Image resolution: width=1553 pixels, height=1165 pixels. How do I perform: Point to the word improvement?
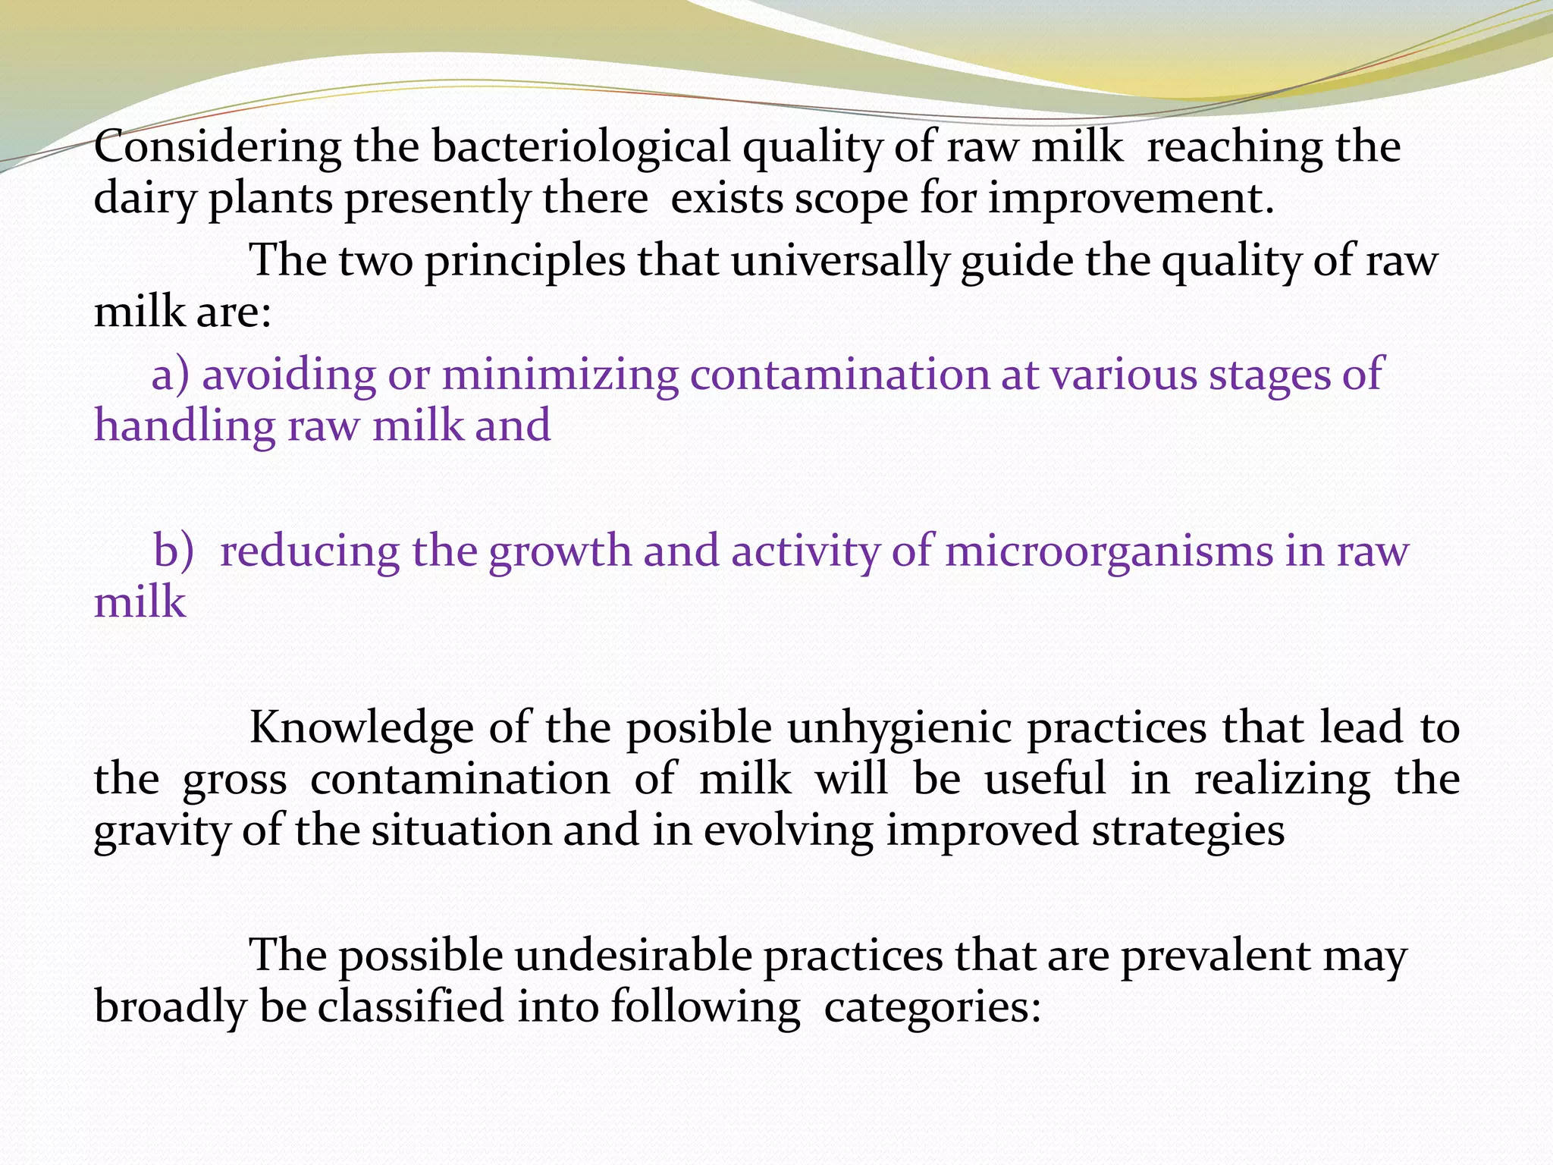(x=1130, y=199)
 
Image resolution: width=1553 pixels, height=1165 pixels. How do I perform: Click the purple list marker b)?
(x=174, y=551)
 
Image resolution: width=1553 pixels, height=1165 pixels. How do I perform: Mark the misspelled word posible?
(x=698, y=728)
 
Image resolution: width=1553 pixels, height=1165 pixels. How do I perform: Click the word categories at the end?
(x=932, y=1007)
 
